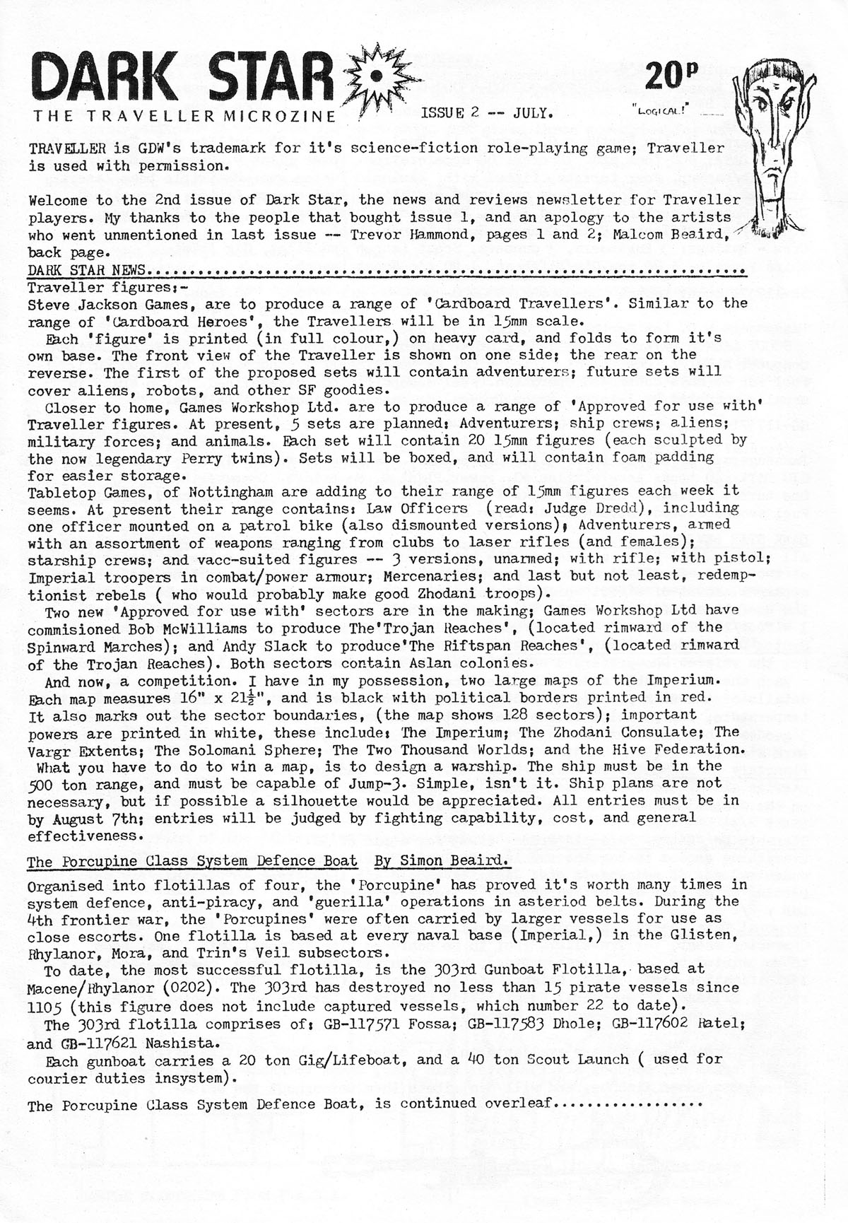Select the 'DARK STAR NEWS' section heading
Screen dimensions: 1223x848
pos(87,270)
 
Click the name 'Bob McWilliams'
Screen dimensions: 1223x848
pos(188,628)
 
